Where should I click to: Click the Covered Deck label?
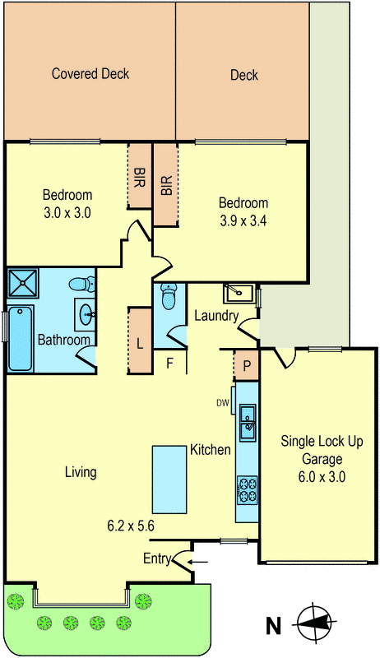tap(90, 74)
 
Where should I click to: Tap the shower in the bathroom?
tap(23, 283)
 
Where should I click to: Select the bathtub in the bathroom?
tap(20, 339)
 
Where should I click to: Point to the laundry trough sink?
tap(238, 293)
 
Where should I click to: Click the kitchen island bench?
tap(169, 480)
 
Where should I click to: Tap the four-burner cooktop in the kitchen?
tap(247, 490)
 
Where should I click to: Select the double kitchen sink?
tap(248, 422)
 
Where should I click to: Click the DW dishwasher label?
tap(223, 403)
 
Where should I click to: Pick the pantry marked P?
tap(247, 364)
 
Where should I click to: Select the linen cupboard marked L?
tap(139, 341)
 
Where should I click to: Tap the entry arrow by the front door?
tap(198, 562)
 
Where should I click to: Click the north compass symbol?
tap(317, 623)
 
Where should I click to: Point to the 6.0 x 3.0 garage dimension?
tap(322, 477)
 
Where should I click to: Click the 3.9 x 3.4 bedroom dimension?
tap(243, 220)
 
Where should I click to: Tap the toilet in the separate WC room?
tap(169, 297)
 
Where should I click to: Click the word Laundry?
tap(216, 316)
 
